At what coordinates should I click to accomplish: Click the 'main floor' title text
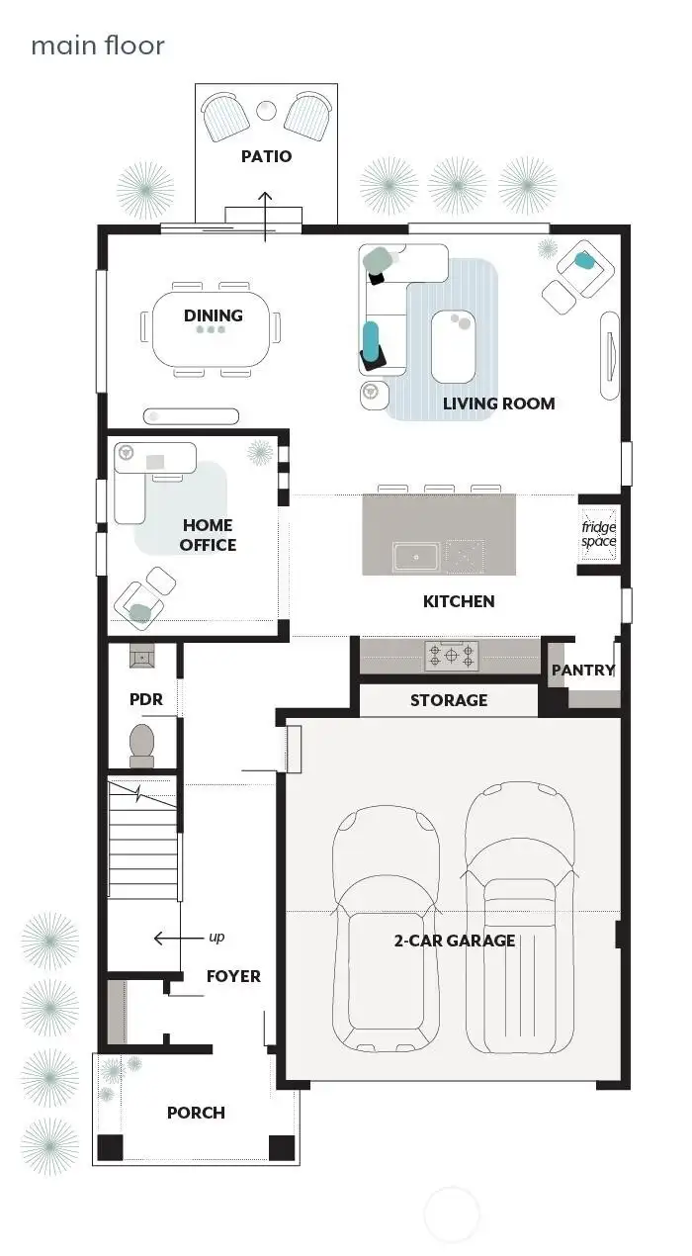(97, 45)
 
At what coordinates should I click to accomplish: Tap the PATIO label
(266, 156)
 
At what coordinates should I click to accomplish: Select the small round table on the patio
(266, 110)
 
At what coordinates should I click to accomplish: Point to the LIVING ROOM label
(498, 404)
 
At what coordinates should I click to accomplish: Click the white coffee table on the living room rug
(454, 344)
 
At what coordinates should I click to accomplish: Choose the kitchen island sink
(415, 558)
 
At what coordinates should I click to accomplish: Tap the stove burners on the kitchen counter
(452, 655)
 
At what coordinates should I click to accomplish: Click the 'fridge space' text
(598, 534)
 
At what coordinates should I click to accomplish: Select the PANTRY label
(583, 671)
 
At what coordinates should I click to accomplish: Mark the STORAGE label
(449, 700)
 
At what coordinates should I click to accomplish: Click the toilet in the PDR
(142, 745)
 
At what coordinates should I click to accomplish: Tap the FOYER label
(233, 976)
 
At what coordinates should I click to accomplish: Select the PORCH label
(196, 1113)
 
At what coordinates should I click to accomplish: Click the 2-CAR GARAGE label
(455, 941)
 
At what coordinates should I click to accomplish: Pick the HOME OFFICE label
(208, 535)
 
